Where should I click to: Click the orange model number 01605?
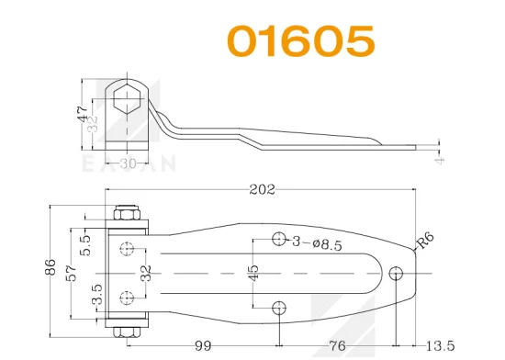coord(301,40)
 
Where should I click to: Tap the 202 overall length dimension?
coord(263,189)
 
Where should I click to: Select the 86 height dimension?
coord(50,266)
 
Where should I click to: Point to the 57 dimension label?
coord(72,273)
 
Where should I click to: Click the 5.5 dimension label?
coord(85,245)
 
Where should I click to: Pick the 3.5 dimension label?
coord(97,294)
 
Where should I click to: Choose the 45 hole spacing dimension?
coord(253,273)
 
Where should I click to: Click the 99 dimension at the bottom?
coord(204,346)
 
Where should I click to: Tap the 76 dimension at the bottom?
coord(337,346)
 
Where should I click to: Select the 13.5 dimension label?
coord(440,346)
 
